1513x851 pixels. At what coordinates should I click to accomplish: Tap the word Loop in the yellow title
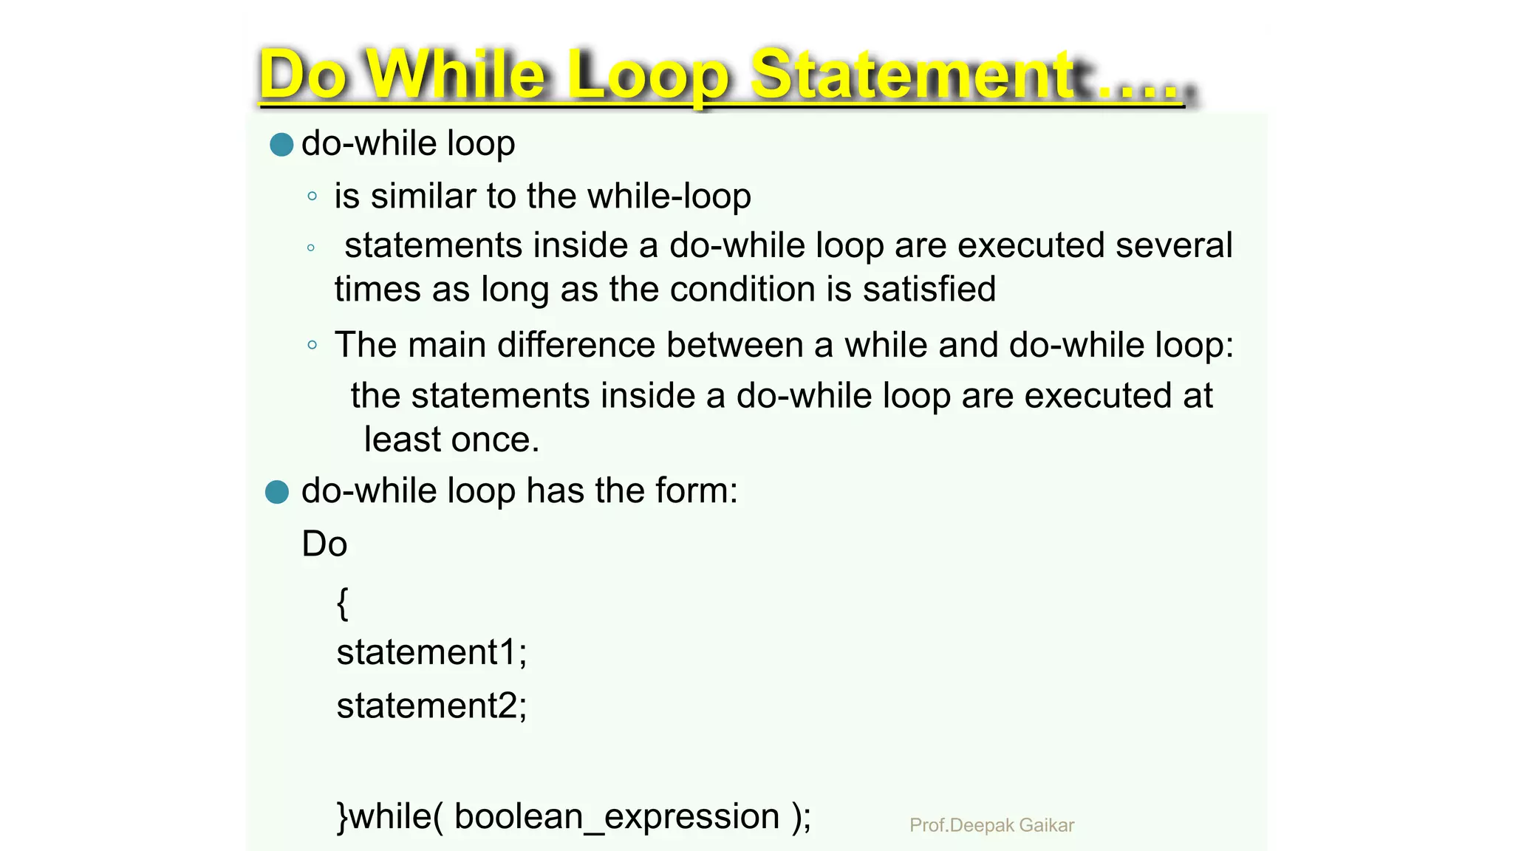coord(649,75)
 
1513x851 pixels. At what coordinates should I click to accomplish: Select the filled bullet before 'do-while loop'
coord(281,144)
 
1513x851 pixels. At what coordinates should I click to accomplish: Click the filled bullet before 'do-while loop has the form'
coord(277,491)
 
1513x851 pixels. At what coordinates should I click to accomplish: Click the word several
coord(1173,245)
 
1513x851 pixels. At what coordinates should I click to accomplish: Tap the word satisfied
coord(929,289)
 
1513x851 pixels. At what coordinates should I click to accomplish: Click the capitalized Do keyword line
coord(324,544)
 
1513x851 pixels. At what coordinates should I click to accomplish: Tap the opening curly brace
coord(343,603)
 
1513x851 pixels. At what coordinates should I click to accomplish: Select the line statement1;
coord(431,652)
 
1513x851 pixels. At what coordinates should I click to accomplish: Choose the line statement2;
coord(431,705)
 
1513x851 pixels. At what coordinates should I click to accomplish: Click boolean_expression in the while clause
coord(617,816)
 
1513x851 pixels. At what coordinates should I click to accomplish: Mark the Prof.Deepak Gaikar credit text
coord(991,825)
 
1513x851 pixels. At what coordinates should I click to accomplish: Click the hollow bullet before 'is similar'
coord(312,196)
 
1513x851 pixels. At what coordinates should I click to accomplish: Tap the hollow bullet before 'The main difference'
coord(312,345)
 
